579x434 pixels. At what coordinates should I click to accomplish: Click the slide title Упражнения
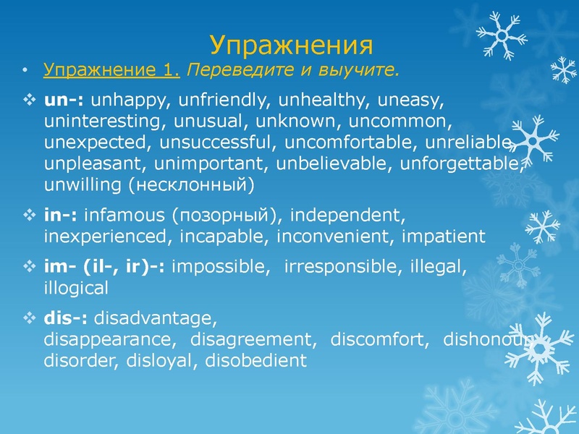pos(292,45)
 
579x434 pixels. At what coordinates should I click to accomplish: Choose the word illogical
pos(76,288)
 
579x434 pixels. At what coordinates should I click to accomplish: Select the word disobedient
pos(257,360)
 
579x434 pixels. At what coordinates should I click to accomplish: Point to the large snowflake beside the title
pos(501,35)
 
